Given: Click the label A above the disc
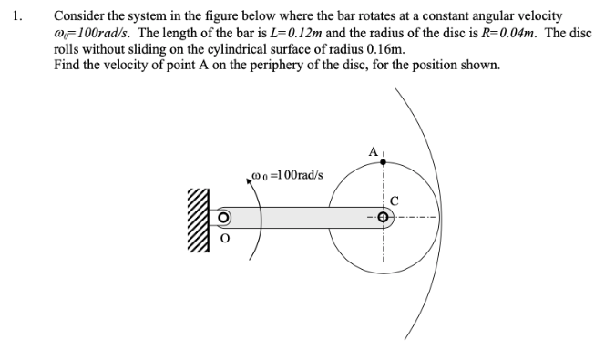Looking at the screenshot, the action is point(373,150).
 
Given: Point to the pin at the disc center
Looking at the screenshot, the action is point(384,219).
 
